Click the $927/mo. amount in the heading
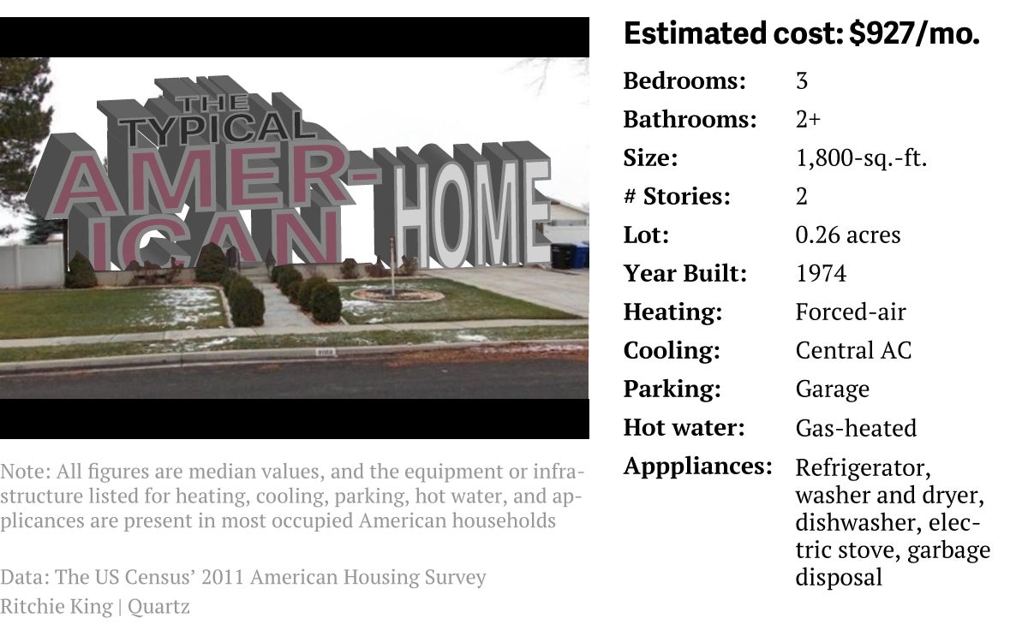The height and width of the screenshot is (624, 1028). coord(914,33)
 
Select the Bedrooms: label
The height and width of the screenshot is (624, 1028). coord(684,81)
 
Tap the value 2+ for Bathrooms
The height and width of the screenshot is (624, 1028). coord(808,119)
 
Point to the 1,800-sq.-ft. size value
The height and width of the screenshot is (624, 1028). coord(862,158)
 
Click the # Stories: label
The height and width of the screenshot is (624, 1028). coord(677,196)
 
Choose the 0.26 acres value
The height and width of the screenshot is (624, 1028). coord(848,235)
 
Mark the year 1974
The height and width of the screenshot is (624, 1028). coord(821,273)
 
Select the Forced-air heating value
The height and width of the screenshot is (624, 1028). coord(851,312)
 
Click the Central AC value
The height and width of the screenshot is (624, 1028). coord(853,350)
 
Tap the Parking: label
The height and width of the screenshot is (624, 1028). coord(672,389)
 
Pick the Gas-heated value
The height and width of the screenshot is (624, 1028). coord(856,428)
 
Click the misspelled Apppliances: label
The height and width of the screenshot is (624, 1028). coord(698,467)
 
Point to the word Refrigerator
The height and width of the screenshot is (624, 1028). coord(864,468)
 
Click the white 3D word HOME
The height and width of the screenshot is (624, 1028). coord(473,213)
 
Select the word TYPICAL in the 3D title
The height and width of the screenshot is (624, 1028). coord(217,127)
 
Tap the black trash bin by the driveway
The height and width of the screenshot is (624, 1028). coord(563,256)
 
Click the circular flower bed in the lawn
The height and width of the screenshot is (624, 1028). coord(397,294)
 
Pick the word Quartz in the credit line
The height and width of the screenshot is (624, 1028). coord(158,607)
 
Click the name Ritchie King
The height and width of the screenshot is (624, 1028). coord(57,607)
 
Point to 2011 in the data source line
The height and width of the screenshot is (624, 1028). coord(223,577)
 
